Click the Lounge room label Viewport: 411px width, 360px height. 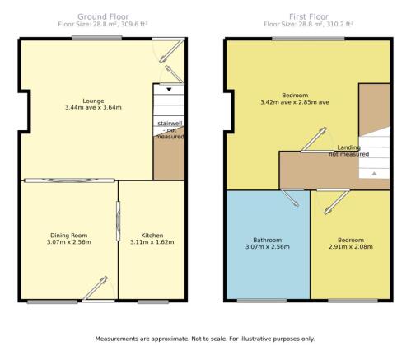93,101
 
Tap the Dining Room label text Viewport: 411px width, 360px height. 69,236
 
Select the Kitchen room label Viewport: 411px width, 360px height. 152,236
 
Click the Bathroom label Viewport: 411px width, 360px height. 268,240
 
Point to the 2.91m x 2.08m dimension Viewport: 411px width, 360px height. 351,246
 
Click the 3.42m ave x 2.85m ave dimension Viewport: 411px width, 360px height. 295,102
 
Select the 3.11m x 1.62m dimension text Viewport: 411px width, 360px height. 152,242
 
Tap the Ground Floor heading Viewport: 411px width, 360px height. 103,16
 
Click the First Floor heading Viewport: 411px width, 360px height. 309,16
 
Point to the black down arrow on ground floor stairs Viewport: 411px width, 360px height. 169,90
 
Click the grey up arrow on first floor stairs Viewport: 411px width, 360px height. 374,174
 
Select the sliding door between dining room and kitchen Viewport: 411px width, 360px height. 119,221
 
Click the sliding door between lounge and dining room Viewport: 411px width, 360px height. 69,180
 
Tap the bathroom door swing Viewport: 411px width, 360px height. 290,198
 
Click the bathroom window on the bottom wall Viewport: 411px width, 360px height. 262,301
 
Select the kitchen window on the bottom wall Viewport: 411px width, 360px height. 153,302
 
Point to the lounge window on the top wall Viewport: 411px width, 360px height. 97,38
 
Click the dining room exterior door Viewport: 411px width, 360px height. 98,289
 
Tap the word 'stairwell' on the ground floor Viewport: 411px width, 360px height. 170,124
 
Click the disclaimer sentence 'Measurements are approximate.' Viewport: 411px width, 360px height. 142,339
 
